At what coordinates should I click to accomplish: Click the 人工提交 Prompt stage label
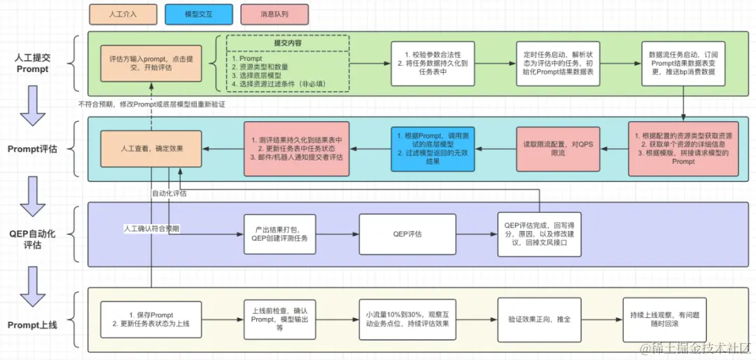click(x=33, y=64)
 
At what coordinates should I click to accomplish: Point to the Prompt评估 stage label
click(x=33, y=148)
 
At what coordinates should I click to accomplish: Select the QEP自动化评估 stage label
click(x=33, y=239)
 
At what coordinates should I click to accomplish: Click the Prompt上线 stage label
click(x=33, y=325)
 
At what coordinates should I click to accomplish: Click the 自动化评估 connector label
click(x=169, y=193)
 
